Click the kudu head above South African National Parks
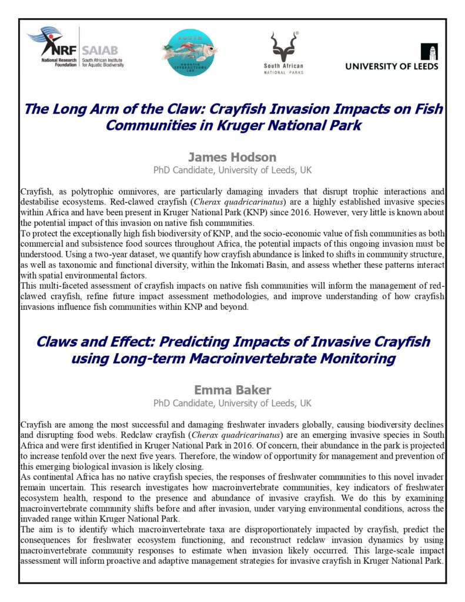[x=283, y=45]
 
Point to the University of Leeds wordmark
[x=392, y=66]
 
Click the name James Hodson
[x=232, y=157]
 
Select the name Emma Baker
[x=232, y=390]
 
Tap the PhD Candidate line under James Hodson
[x=232, y=170]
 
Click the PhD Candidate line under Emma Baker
[x=232, y=403]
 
